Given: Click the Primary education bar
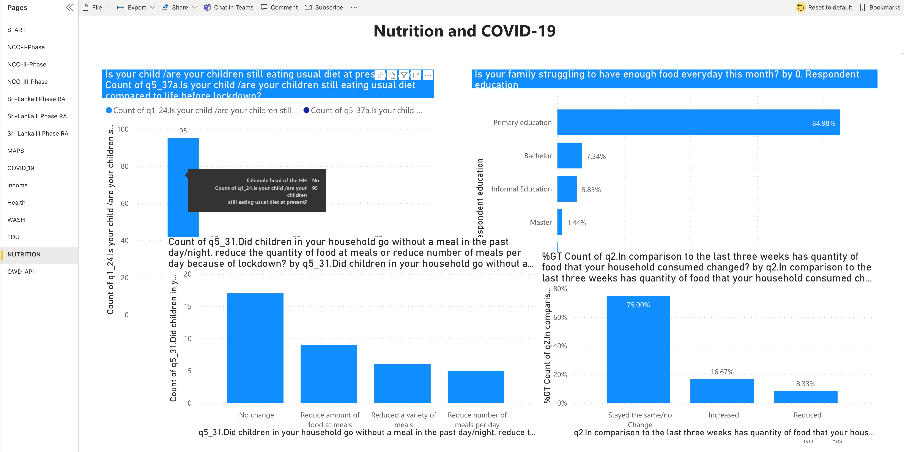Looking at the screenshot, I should point(698,122).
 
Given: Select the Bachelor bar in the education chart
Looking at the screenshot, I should point(569,156).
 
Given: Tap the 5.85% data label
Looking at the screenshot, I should point(591,190).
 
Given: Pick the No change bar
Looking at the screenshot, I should point(255,348).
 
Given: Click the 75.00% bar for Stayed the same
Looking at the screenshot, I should point(638,349).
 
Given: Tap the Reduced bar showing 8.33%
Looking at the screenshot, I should point(805,397).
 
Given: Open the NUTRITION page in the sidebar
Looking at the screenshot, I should point(24,254).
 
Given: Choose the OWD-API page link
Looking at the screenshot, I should point(20,272).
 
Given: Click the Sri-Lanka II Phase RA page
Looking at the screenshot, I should point(37,116).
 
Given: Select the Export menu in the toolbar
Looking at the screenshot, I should point(136,7).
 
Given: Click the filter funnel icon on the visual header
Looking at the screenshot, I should point(404,75).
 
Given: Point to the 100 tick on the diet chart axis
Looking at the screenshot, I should point(123,129).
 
